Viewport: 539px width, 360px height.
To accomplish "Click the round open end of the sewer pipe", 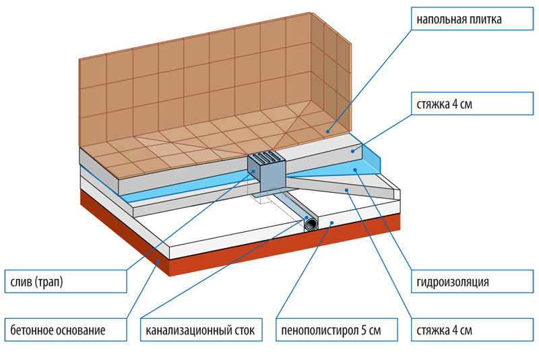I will coord(312,224).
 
